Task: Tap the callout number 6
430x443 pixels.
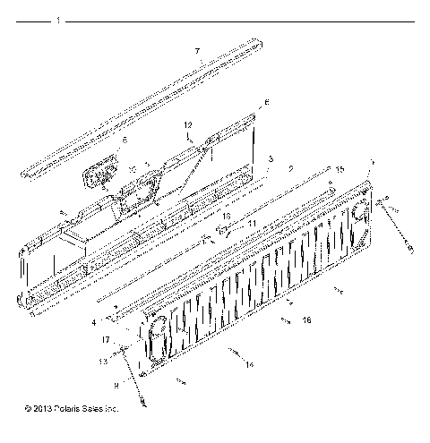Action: [x=265, y=103]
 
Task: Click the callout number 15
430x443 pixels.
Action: [x=340, y=169]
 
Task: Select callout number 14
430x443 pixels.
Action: [x=248, y=364]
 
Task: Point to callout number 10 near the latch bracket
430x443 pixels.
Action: [x=132, y=168]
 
